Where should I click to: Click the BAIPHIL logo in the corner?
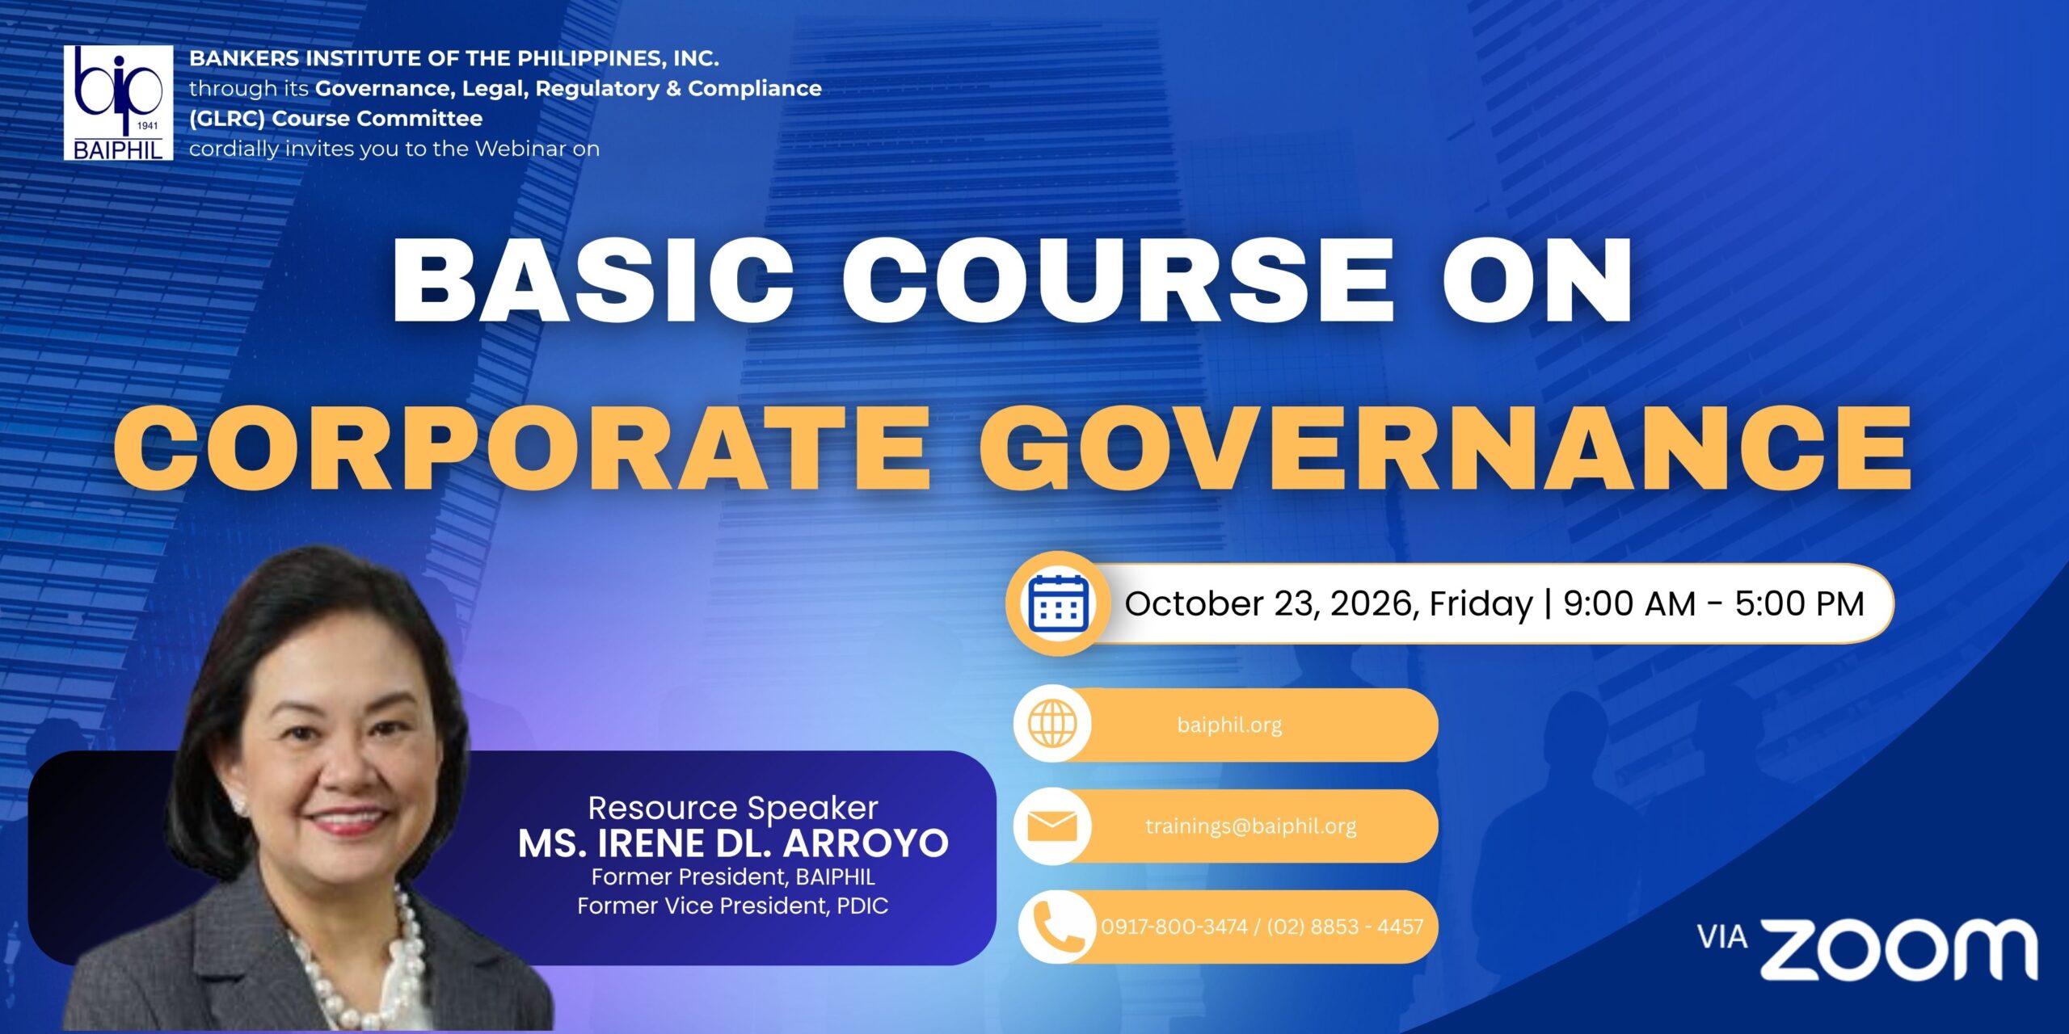click(x=118, y=103)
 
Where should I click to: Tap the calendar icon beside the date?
click(x=1058, y=603)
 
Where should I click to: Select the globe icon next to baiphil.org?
click(x=1052, y=724)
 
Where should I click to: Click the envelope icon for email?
click(x=1052, y=826)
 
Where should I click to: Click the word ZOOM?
click(x=1899, y=949)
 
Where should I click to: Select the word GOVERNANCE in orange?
click(x=1445, y=448)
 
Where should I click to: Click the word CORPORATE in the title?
click(x=522, y=448)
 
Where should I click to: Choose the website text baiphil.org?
click(x=1229, y=725)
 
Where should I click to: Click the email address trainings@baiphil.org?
click(x=1250, y=826)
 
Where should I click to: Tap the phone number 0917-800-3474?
click(x=1174, y=927)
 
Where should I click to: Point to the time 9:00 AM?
click(x=1629, y=603)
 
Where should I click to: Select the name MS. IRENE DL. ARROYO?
click(x=733, y=843)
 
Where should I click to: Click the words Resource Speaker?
click(x=733, y=808)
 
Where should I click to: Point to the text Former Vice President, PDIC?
click(x=733, y=906)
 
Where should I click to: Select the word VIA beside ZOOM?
click(x=1722, y=937)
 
